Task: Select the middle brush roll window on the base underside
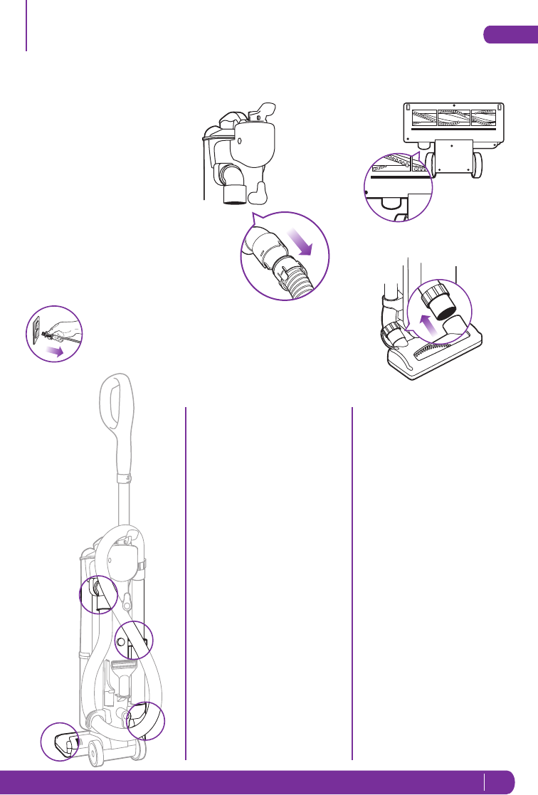(x=456, y=118)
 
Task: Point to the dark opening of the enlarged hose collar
(x=445, y=304)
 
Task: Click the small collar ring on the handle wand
(x=122, y=478)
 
